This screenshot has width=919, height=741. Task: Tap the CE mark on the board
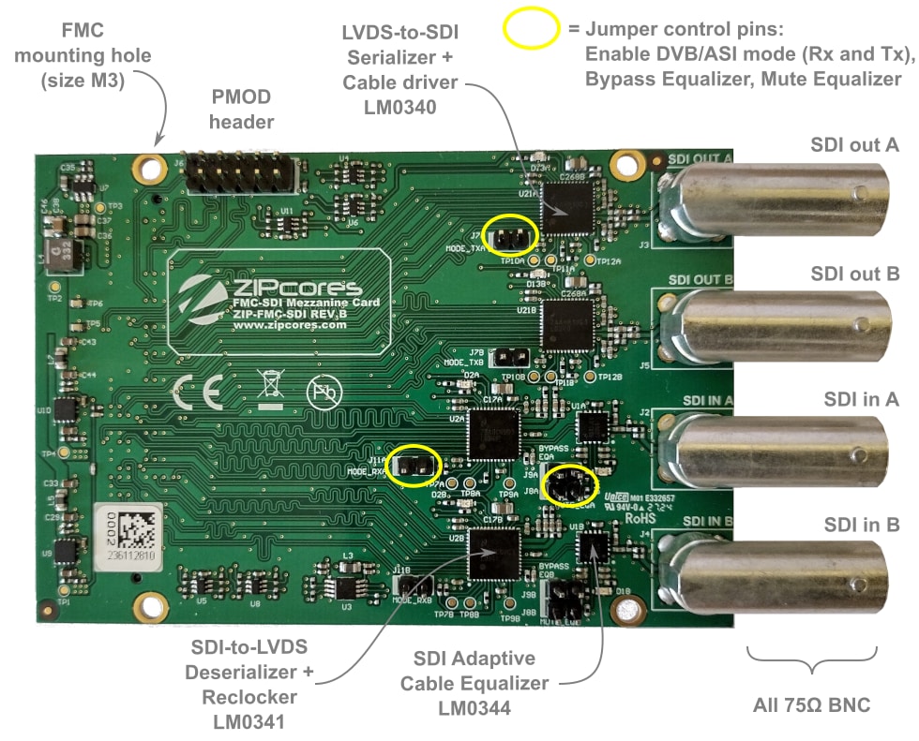click(x=198, y=393)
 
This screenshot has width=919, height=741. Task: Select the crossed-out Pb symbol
click(x=323, y=390)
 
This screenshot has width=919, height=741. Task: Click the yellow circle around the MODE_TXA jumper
click(x=509, y=234)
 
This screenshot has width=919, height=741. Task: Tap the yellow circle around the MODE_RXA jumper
click(x=414, y=466)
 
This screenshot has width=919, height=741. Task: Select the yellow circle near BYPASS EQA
click(x=571, y=484)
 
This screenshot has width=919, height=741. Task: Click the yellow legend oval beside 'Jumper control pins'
click(x=533, y=29)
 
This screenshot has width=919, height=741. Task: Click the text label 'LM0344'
click(x=474, y=707)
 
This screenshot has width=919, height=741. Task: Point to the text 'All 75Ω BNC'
click(x=812, y=704)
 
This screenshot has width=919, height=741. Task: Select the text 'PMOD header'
click(x=241, y=110)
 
